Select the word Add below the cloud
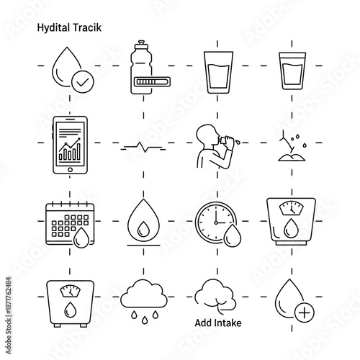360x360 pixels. pyautogui.click(x=204, y=323)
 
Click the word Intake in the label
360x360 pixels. pyautogui.click(x=228, y=323)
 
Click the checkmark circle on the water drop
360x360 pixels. pyautogui.click(x=83, y=83)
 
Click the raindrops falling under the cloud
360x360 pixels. pyautogui.click(x=143, y=318)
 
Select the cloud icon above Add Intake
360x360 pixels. pyautogui.click(x=216, y=294)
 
